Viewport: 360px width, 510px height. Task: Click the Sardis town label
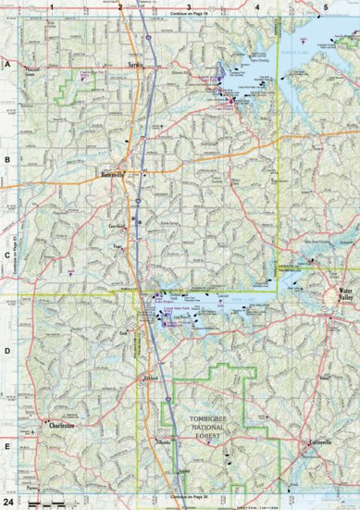tap(137, 68)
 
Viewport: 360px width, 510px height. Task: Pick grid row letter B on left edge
tap(6, 159)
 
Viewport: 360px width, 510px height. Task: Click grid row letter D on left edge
tap(6, 350)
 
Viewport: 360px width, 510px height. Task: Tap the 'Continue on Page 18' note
tap(191, 16)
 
